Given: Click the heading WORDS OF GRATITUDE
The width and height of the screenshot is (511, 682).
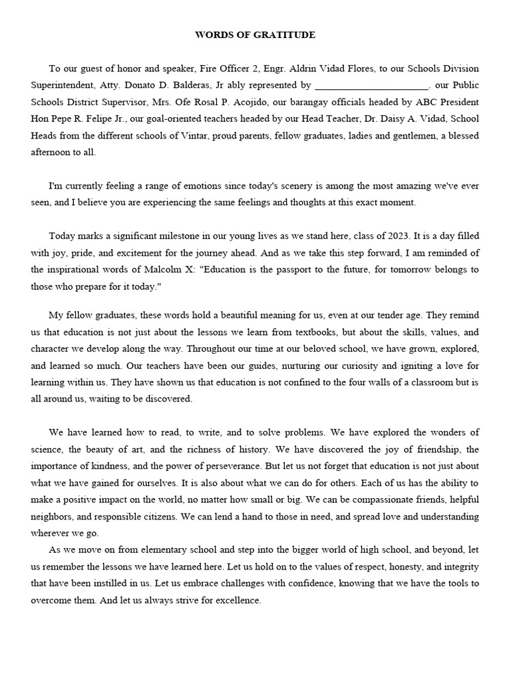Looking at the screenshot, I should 255,35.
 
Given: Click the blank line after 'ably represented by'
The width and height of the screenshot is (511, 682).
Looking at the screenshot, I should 372,86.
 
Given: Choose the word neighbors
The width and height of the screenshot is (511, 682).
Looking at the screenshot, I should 57,516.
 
